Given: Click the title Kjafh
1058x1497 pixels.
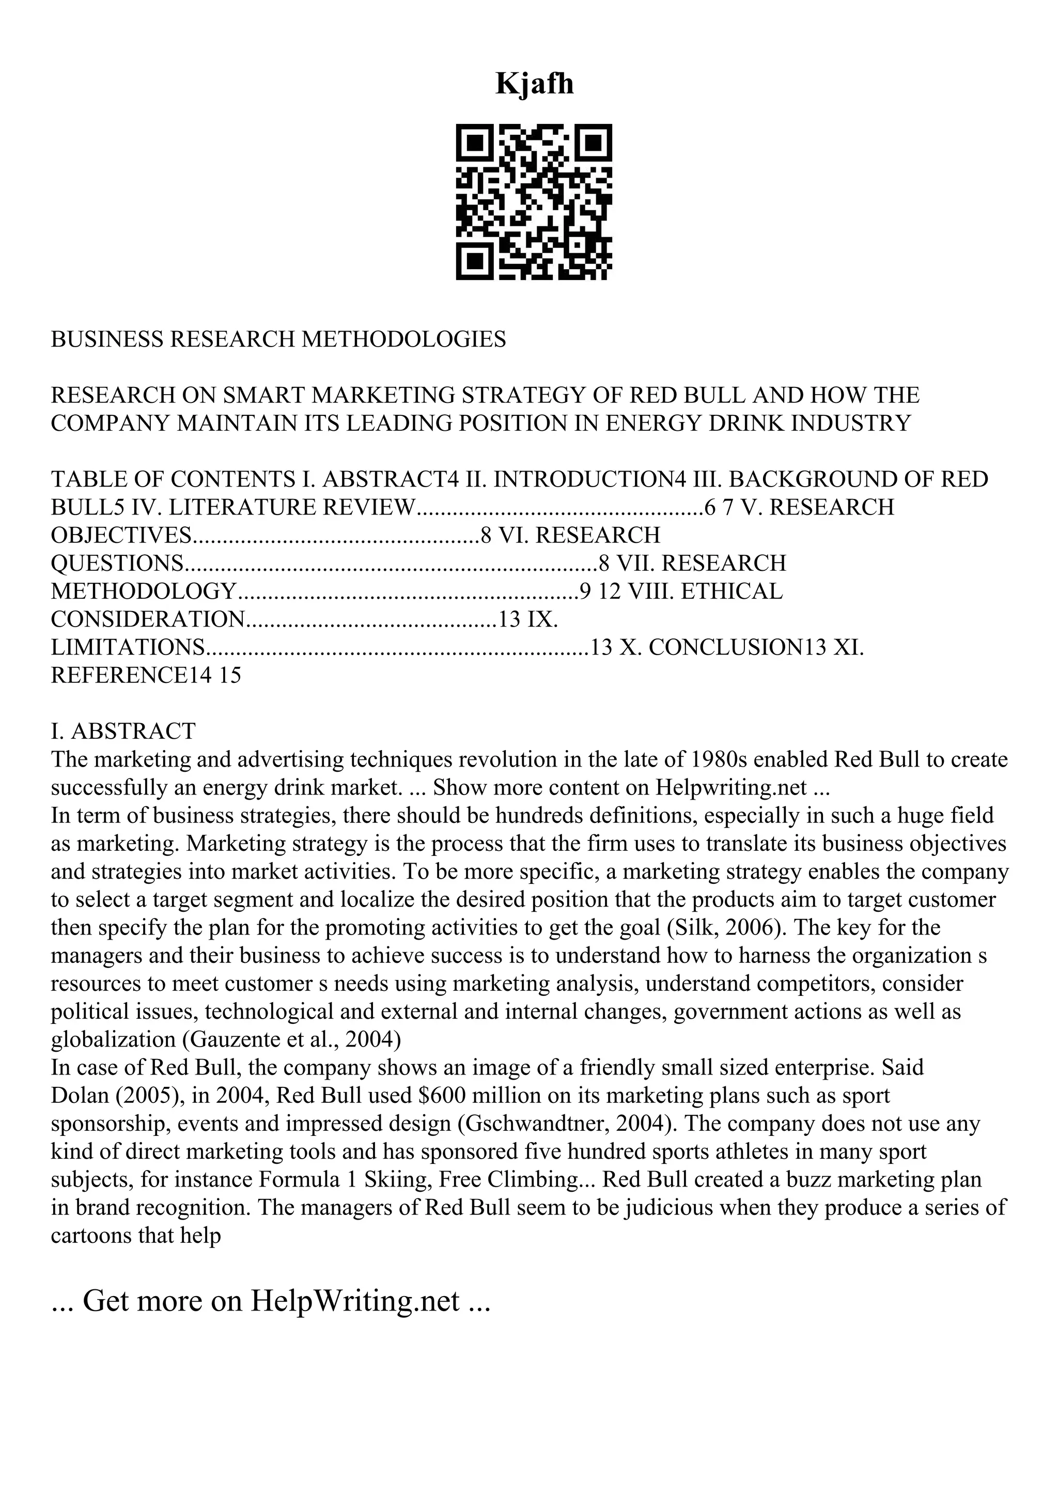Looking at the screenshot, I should (x=535, y=84).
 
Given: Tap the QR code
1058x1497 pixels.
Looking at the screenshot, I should (x=533, y=202).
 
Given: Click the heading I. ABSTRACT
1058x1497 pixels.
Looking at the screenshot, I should (x=123, y=731).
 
